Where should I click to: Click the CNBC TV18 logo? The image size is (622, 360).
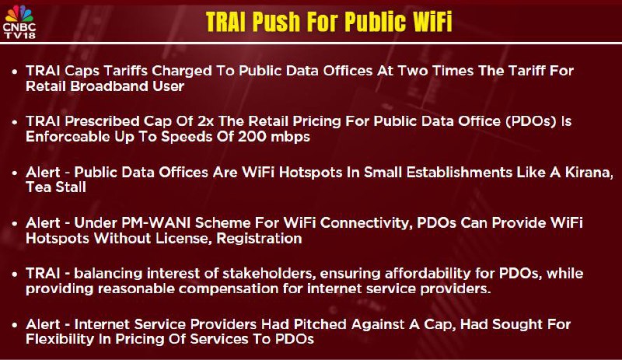pyautogui.click(x=19, y=22)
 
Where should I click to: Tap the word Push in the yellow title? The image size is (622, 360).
pyautogui.click(x=276, y=22)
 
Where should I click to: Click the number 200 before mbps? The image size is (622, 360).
pyautogui.click(x=252, y=137)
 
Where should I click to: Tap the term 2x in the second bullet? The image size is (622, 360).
pyautogui.click(x=205, y=121)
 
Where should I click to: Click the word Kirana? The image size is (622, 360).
pyautogui.click(x=589, y=173)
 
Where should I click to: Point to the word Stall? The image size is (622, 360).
pyautogui.click(x=69, y=187)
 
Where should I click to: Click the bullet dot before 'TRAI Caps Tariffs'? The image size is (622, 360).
pyautogui.click(x=15, y=72)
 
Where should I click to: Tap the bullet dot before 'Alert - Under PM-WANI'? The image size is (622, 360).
pyautogui.click(x=15, y=224)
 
